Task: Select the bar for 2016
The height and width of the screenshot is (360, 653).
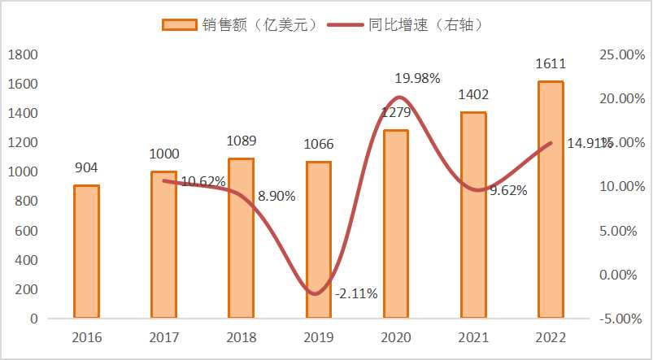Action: point(86,251)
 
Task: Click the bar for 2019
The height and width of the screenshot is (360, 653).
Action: point(319,240)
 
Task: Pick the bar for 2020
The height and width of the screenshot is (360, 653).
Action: point(396,223)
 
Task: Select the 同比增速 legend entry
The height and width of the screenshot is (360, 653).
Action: point(415,25)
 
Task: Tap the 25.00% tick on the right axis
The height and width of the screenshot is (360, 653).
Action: point(620,55)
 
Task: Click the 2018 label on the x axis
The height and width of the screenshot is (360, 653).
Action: point(241,337)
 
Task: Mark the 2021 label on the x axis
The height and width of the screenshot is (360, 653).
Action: point(473,337)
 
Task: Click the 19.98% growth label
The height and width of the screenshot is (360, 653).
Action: point(417,79)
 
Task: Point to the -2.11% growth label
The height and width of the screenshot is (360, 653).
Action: point(356,293)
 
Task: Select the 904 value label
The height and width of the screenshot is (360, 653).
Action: point(86,168)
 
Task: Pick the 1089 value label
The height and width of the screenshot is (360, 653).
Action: point(241,141)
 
